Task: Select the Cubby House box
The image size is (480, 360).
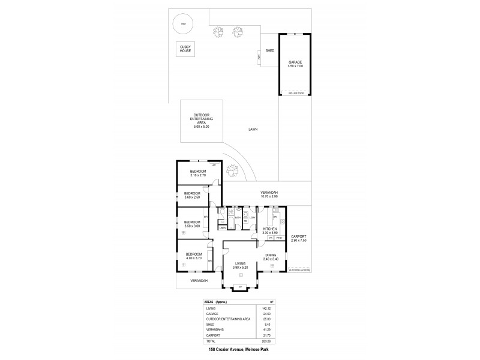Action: click(x=184, y=49)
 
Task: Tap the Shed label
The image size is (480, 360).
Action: click(x=270, y=51)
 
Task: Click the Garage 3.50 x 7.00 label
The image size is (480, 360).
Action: click(x=295, y=64)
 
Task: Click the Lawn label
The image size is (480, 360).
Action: click(x=254, y=129)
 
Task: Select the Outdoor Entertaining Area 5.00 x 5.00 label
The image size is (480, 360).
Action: click(x=200, y=121)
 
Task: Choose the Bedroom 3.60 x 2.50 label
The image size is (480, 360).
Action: click(x=191, y=195)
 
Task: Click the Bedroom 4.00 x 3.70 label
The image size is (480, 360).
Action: click(x=193, y=256)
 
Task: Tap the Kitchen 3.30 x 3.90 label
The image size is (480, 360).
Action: click(x=269, y=230)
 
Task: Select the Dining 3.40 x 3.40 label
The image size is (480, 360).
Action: click(x=271, y=257)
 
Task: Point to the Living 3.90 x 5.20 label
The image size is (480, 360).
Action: click(x=240, y=265)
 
